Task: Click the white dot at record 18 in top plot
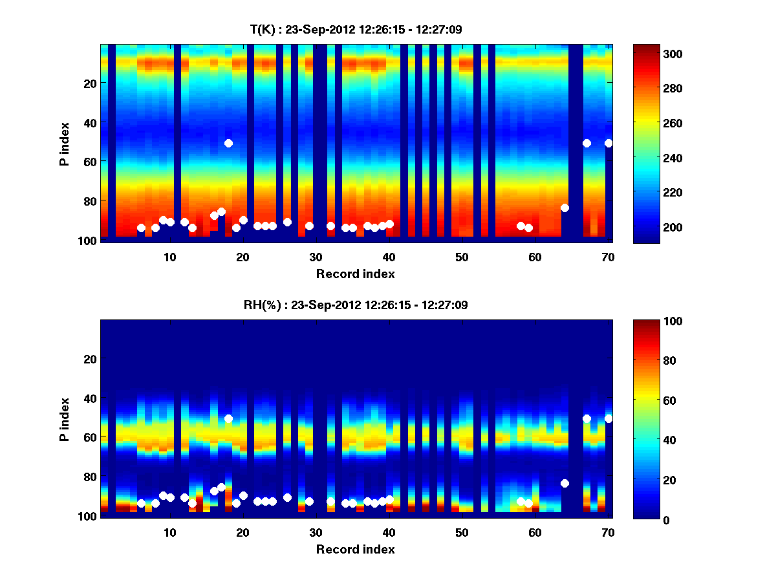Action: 228,143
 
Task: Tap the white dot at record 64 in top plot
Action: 565,208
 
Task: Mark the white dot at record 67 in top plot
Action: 587,143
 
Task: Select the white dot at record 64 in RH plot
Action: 565,483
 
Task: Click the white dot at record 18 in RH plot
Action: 228,418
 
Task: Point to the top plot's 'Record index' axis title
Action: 355,274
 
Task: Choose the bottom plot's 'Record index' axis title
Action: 355,549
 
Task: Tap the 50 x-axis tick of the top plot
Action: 462,257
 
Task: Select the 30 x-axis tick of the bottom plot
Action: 316,532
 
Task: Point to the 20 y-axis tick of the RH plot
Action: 90,359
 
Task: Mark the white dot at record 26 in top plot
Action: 287,222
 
